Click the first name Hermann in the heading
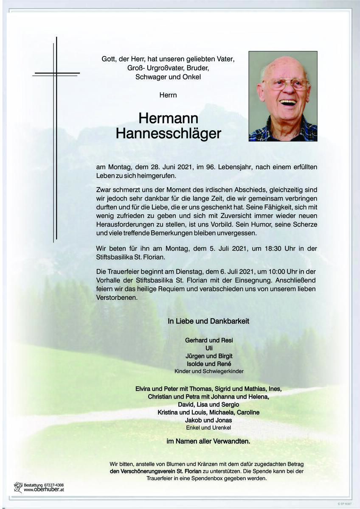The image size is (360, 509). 168,119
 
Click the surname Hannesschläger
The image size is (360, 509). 168,134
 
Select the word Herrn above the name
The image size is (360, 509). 168,95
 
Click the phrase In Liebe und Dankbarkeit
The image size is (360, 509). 208,322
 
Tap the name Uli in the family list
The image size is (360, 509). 209,348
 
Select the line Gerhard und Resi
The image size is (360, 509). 209,340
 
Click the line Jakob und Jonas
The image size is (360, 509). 208,420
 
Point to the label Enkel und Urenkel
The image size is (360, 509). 208,428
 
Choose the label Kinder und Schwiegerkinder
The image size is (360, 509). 209,372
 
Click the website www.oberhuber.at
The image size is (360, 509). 44,489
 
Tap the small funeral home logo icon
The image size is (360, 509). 18,487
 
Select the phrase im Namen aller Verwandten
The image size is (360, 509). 208,442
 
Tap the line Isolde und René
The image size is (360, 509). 209,364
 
